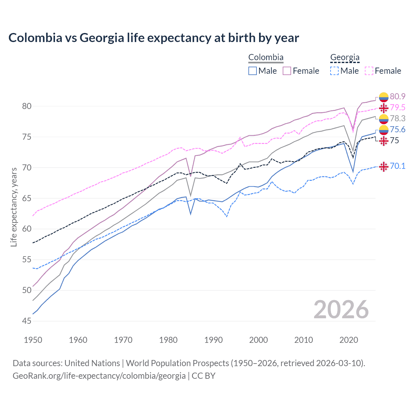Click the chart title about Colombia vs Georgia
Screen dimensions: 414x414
(154, 38)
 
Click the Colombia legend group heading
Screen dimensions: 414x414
(266, 58)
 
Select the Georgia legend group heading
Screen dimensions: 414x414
(345, 58)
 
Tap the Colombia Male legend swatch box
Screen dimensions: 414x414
(253, 71)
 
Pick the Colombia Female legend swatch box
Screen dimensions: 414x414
(287, 71)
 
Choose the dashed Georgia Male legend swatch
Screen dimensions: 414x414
(334, 71)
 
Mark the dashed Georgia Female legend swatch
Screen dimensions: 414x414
(369, 71)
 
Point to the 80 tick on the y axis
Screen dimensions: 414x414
(27, 106)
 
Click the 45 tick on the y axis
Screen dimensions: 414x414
(27, 321)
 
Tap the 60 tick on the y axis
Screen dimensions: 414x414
(27, 229)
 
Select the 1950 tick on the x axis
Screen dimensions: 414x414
(33, 340)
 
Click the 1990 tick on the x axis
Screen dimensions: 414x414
(213, 340)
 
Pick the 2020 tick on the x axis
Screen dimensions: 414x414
(349, 340)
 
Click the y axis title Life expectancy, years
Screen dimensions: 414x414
(14, 207)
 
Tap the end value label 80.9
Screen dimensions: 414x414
(398, 96)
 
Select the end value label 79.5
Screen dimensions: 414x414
(398, 107)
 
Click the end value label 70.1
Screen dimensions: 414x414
(398, 166)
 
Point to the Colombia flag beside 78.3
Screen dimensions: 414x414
(384, 119)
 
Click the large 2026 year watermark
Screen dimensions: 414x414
(341, 310)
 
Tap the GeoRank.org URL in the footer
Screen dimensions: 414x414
(99, 376)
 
